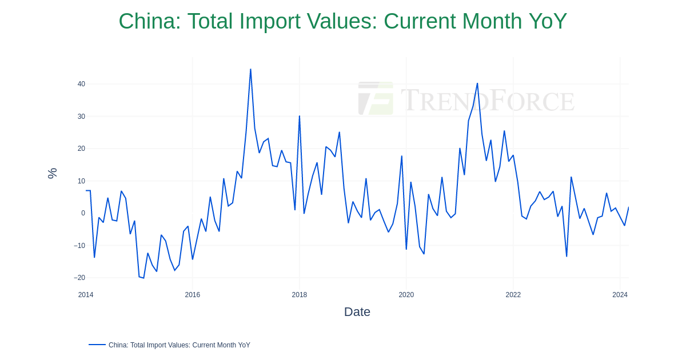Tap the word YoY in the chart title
pyautogui.click(x=548, y=22)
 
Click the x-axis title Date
pyautogui.click(x=357, y=312)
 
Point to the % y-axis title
pyautogui.click(x=52, y=173)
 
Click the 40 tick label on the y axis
pyautogui.click(x=81, y=84)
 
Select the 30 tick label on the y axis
pyautogui.click(x=81, y=117)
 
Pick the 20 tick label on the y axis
pyautogui.click(x=81, y=149)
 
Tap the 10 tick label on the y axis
pyautogui.click(x=81, y=181)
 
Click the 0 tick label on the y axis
pyautogui.click(x=83, y=213)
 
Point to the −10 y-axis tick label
pyautogui.click(x=79, y=246)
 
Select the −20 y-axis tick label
pyautogui.click(x=79, y=278)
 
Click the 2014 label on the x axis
pyautogui.click(x=86, y=295)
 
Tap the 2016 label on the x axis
pyautogui.click(x=193, y=295)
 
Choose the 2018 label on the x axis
pyautogui.click(x=300, y=295)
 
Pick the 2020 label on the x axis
pyautogui.click(x=406, y=295)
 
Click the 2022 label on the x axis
pyautogui.click(x=513, y=295)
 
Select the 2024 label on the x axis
pyautogui.click(x=620, y=295)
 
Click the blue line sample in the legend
pyautogui.click(x=97, y=345)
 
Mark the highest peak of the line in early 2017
pyautogui.click(x=250, y=70)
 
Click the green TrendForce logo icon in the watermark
pyautogui.click(x=376, y=98)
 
